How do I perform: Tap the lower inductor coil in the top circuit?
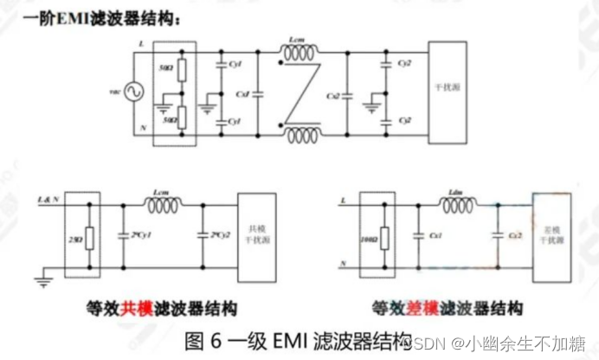(300, 135)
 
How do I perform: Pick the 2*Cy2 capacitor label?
(217, 235)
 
